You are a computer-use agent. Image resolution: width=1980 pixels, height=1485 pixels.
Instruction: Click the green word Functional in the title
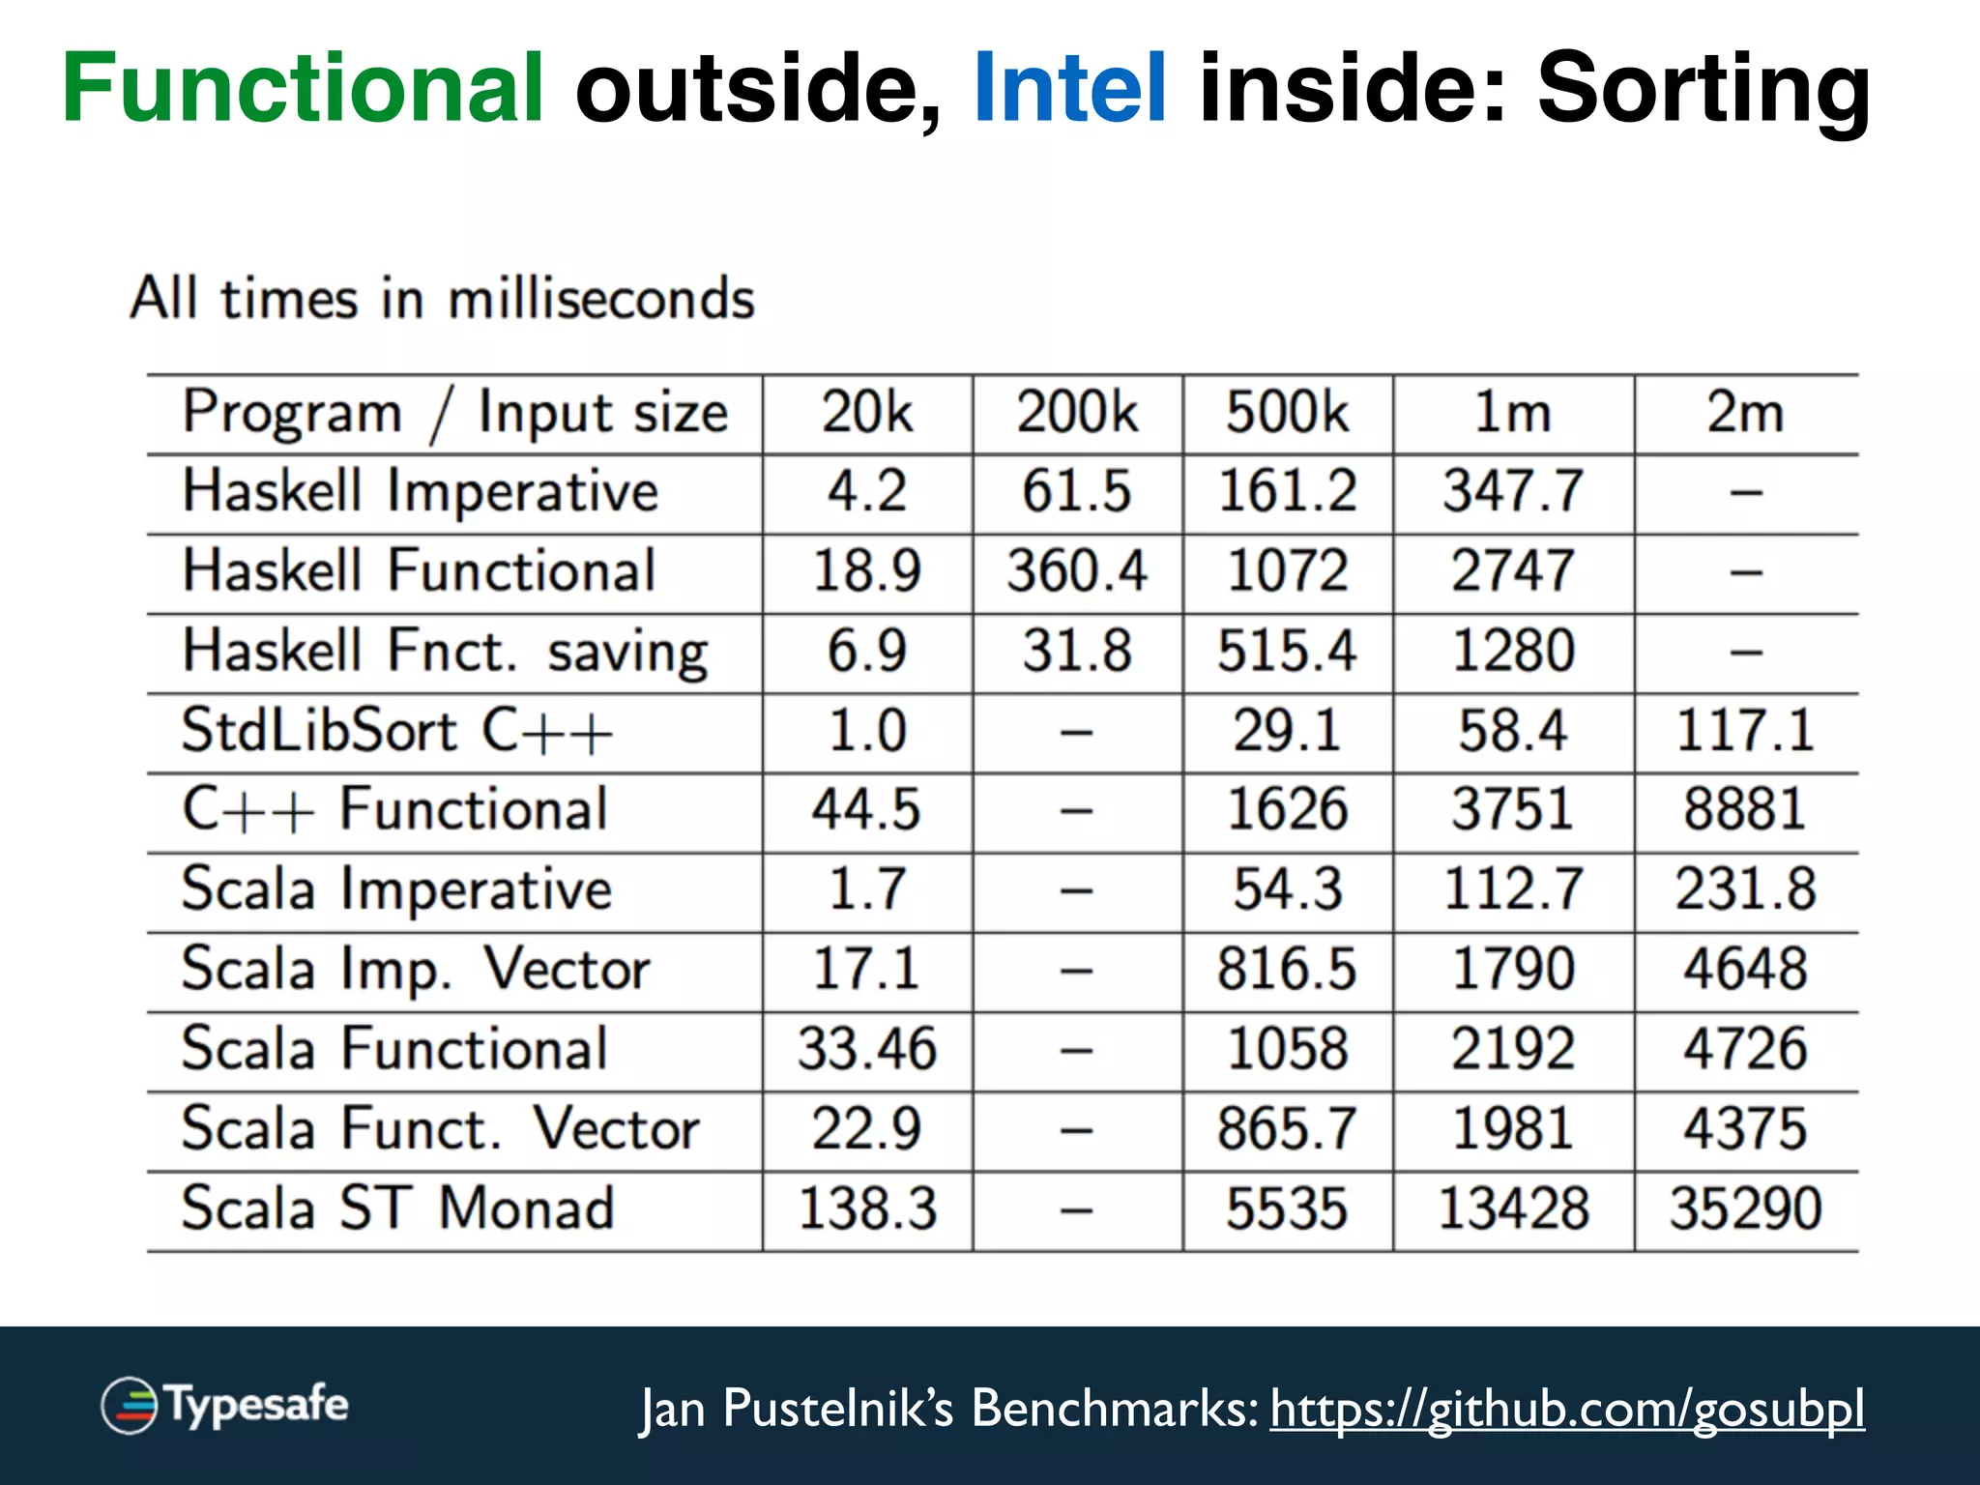point(303,89)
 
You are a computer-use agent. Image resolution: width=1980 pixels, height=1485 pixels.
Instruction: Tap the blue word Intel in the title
point(1070,89)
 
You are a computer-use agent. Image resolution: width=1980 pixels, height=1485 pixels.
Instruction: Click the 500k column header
point(1287,414)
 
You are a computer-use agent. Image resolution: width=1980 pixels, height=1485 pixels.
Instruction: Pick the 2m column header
point(1745,414)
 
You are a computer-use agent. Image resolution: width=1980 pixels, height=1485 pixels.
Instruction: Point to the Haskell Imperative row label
point(421,492)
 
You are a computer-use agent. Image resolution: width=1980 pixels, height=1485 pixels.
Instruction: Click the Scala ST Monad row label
point(397,1209)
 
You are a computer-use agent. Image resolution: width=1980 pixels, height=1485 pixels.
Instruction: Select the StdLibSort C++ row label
point(397,731)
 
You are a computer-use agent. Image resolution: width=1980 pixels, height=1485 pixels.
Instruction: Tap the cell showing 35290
point(1745,1209)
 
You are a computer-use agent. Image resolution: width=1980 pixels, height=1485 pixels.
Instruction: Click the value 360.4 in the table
point(1077,571)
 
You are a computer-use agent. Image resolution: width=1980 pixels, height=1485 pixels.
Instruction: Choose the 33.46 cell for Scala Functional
point(867,1050)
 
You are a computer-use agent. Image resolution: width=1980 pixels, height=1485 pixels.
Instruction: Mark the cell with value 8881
point(1745,810)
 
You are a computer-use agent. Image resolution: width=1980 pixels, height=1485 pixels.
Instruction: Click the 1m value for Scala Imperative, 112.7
point(1513,890)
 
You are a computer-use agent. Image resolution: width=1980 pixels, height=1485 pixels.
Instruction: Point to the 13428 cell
point(1513,1209)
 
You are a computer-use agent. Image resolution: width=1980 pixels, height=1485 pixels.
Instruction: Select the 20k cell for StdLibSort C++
point(867,731)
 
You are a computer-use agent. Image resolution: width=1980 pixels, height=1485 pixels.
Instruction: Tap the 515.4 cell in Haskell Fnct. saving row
point(1287,652)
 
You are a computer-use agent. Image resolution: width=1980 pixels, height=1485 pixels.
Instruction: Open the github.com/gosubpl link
point(1566,1409)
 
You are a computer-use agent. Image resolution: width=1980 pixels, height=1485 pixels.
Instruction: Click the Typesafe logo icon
point(130,1405)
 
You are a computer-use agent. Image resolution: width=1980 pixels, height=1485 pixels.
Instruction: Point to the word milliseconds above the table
point(600,300)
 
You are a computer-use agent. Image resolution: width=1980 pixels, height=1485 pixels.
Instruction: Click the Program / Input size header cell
point(454,414)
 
